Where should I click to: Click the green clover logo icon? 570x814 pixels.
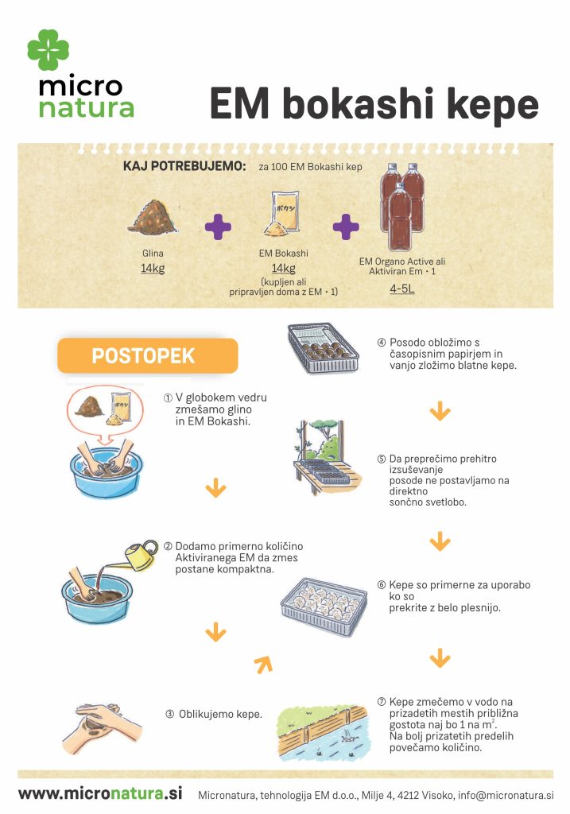[48, 49]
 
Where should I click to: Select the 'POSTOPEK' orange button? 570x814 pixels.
[147, 355]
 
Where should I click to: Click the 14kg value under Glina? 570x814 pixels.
[153, 269]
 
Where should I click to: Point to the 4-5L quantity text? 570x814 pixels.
[402, 289]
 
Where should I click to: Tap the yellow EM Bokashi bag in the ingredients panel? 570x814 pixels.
[283, 214]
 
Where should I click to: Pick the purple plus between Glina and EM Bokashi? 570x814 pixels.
[218, 227]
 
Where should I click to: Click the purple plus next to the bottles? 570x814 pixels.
[346, 227]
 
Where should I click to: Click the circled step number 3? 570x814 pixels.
[170, 715]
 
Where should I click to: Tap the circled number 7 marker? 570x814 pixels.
[382, 702]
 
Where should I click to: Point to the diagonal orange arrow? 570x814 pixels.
[264, 665]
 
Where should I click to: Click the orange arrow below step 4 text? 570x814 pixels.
[440, 412]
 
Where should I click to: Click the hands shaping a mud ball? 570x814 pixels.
[102, 727]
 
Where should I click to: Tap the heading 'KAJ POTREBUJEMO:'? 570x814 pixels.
[184, 167]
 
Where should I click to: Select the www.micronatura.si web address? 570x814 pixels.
[100, 793]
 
